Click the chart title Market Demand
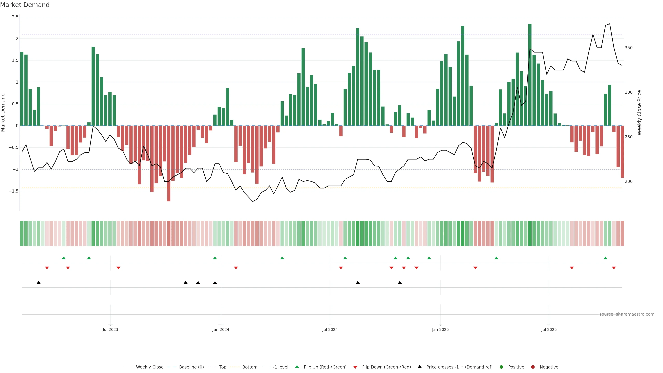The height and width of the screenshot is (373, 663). (25, 5)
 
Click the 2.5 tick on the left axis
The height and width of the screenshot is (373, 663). (15, 17)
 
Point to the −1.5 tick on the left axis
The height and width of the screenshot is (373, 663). (14, 191)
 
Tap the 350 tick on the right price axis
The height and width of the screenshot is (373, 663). (628, 48)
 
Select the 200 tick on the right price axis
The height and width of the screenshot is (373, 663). (628, 181)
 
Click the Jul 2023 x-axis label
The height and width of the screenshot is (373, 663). (110, 329)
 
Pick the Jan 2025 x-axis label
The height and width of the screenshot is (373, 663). (440, 329)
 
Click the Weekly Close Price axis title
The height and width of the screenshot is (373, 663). (639, 112)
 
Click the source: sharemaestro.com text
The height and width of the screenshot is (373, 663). (627, 314)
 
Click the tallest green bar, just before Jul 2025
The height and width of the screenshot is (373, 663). (530, 75)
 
